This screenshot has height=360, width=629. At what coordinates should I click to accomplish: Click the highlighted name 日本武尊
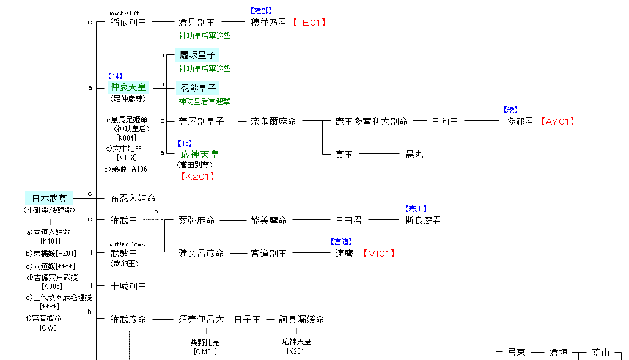tap(49, 198)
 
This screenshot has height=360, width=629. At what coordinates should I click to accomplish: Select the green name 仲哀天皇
tap(128, 87)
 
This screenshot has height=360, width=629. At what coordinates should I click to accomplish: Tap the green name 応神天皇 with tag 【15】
tap(200, 155)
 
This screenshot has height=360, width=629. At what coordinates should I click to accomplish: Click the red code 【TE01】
tap(309, 23)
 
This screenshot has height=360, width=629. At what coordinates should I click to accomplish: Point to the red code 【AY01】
tap(557, 122)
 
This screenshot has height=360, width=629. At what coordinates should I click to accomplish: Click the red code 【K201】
tap(197, 177)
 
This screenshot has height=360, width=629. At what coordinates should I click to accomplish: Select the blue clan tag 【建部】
tap(261, 11)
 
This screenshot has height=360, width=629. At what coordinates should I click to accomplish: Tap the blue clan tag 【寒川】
tap(416, 209)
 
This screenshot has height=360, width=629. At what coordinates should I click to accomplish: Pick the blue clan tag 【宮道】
tap(341, 242)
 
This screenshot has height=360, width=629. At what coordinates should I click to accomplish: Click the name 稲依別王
tap(128, 23)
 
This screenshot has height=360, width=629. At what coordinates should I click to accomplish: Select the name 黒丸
tap(414, 155)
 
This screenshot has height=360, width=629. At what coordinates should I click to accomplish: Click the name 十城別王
tap(128, 286)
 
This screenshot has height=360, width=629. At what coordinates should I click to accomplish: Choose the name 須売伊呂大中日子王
tap(219, 319)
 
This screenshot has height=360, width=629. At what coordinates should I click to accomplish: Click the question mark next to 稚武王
tap(156, 213)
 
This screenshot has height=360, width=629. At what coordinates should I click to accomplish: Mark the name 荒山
tap(600, 353)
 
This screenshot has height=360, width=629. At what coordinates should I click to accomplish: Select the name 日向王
tap(445, 122)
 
